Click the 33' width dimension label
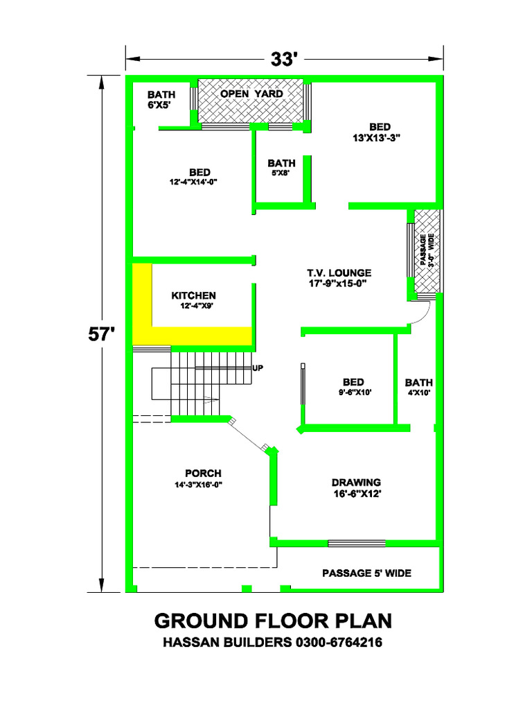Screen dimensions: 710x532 point(283,59)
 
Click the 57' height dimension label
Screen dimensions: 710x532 point(101,334)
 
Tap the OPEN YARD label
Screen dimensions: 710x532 point(251,94)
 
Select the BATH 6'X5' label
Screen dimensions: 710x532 point(161,100)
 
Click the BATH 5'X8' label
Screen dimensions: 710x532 point(281,168)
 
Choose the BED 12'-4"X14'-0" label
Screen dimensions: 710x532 point(199,176)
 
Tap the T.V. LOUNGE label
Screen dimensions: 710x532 point(339,277)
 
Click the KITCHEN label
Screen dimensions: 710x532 point(193,300)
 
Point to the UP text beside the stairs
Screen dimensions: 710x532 point(258,367)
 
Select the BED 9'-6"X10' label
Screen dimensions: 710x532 point(353,386)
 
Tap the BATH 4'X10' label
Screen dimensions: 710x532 point(418,387)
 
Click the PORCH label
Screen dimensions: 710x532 point(202,478)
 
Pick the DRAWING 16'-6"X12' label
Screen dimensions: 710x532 point(356,487)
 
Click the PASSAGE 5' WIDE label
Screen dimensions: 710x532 point(366,573)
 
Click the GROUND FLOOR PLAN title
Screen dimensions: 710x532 point(273,620)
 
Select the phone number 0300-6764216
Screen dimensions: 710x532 point(339,643)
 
